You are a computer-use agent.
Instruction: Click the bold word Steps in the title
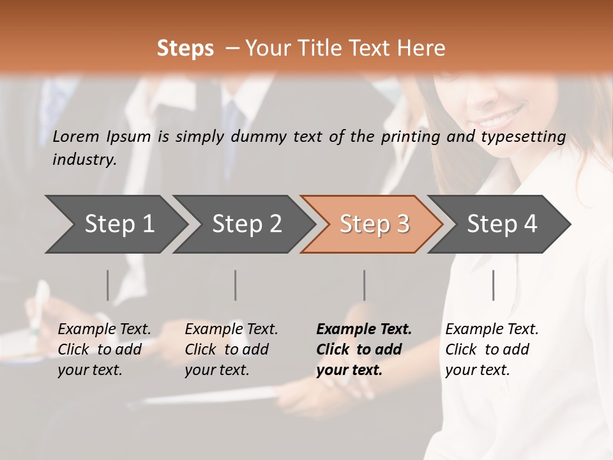coord(185,49)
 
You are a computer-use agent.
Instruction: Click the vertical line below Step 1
coord(108,285)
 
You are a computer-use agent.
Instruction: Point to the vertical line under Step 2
coord(236,285)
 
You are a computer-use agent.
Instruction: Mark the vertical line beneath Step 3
coord(365,285)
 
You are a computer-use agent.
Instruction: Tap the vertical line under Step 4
coord(493,285)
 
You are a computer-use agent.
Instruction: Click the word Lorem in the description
coord(76,136)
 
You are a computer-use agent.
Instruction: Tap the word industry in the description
coord(84,160)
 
